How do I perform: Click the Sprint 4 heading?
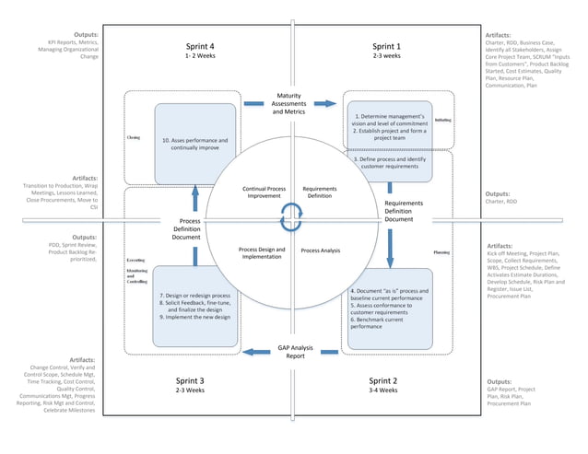[200, 46]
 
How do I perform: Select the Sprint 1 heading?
[386, 46]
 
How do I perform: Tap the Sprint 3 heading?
[189, 380]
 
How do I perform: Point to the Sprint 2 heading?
[382, 380]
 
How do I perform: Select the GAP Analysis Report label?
[295, 351]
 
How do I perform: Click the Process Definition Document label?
[185, 228]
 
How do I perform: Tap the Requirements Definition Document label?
[398, 211]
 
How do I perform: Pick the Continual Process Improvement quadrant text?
[264, 192]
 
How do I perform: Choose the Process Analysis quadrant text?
[321, 250]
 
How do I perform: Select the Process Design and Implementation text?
[262, 253]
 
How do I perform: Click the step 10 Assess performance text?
[194, 144]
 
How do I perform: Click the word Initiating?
[442, 121]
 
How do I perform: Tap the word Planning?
[441, 250]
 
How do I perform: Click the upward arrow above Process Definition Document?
[194, 195]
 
